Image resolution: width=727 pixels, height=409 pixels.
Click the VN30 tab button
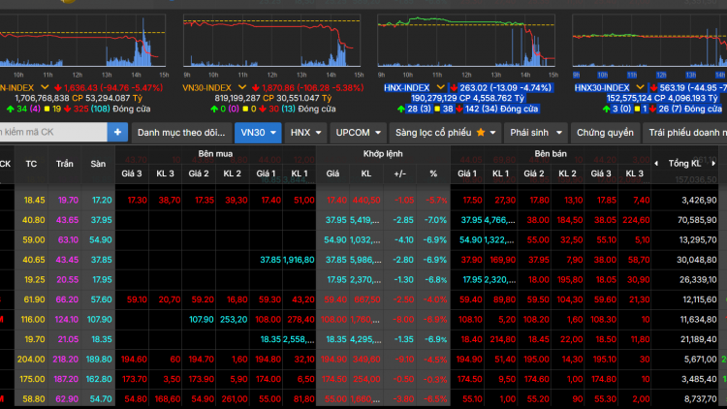[259, 132]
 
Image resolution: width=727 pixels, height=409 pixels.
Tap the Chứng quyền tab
[605, 132]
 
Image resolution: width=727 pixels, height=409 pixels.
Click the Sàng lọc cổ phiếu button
[447, 132]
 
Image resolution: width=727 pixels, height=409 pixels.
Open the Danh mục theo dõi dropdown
[180, 132]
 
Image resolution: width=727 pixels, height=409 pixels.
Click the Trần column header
[65, 163]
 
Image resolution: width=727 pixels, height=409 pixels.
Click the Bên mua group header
[215, 154]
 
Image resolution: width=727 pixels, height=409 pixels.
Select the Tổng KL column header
[684, 163]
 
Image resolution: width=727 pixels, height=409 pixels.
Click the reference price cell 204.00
[34, 359]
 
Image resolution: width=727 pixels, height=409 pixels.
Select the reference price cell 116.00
[34, 319]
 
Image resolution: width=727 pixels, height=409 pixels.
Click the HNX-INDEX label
[406, 87]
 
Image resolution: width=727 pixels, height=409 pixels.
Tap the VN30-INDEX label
[208, 87]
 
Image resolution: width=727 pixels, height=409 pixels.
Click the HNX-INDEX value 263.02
[474, 87]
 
